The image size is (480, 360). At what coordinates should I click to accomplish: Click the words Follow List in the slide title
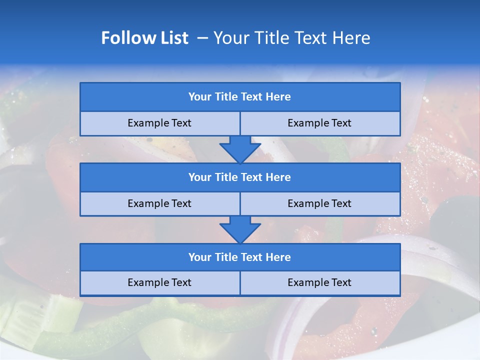(145, 38)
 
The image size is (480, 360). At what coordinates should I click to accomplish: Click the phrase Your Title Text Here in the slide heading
(291, 38)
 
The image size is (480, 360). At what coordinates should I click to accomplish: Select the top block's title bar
(240, 97)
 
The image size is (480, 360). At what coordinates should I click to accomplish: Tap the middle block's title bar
(240, 177)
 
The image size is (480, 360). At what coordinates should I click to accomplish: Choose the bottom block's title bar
(240, 257)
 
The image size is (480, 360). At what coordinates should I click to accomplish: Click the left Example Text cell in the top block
(159, 123)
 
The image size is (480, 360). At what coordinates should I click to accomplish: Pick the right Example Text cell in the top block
(319, 123)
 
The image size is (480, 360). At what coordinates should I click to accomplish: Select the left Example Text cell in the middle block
(159, 203)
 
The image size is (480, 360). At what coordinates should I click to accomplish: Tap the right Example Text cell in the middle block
(319, 203)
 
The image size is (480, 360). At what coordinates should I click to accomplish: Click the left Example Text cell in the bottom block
(159, 282)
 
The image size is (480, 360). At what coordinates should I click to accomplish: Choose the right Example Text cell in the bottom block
(319, 282)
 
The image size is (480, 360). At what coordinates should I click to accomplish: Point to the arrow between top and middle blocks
(240, 149)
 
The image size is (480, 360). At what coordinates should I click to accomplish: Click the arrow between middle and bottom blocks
(240, 229)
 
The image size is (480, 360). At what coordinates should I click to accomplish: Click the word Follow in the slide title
(125, 38)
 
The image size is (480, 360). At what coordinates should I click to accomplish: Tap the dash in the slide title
(202, 38)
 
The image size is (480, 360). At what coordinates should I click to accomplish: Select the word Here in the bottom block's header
(278, 257)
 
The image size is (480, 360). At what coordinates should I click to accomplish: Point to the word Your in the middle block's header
(199, 177)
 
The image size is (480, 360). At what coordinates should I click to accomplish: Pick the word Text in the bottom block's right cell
(341, 282)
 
